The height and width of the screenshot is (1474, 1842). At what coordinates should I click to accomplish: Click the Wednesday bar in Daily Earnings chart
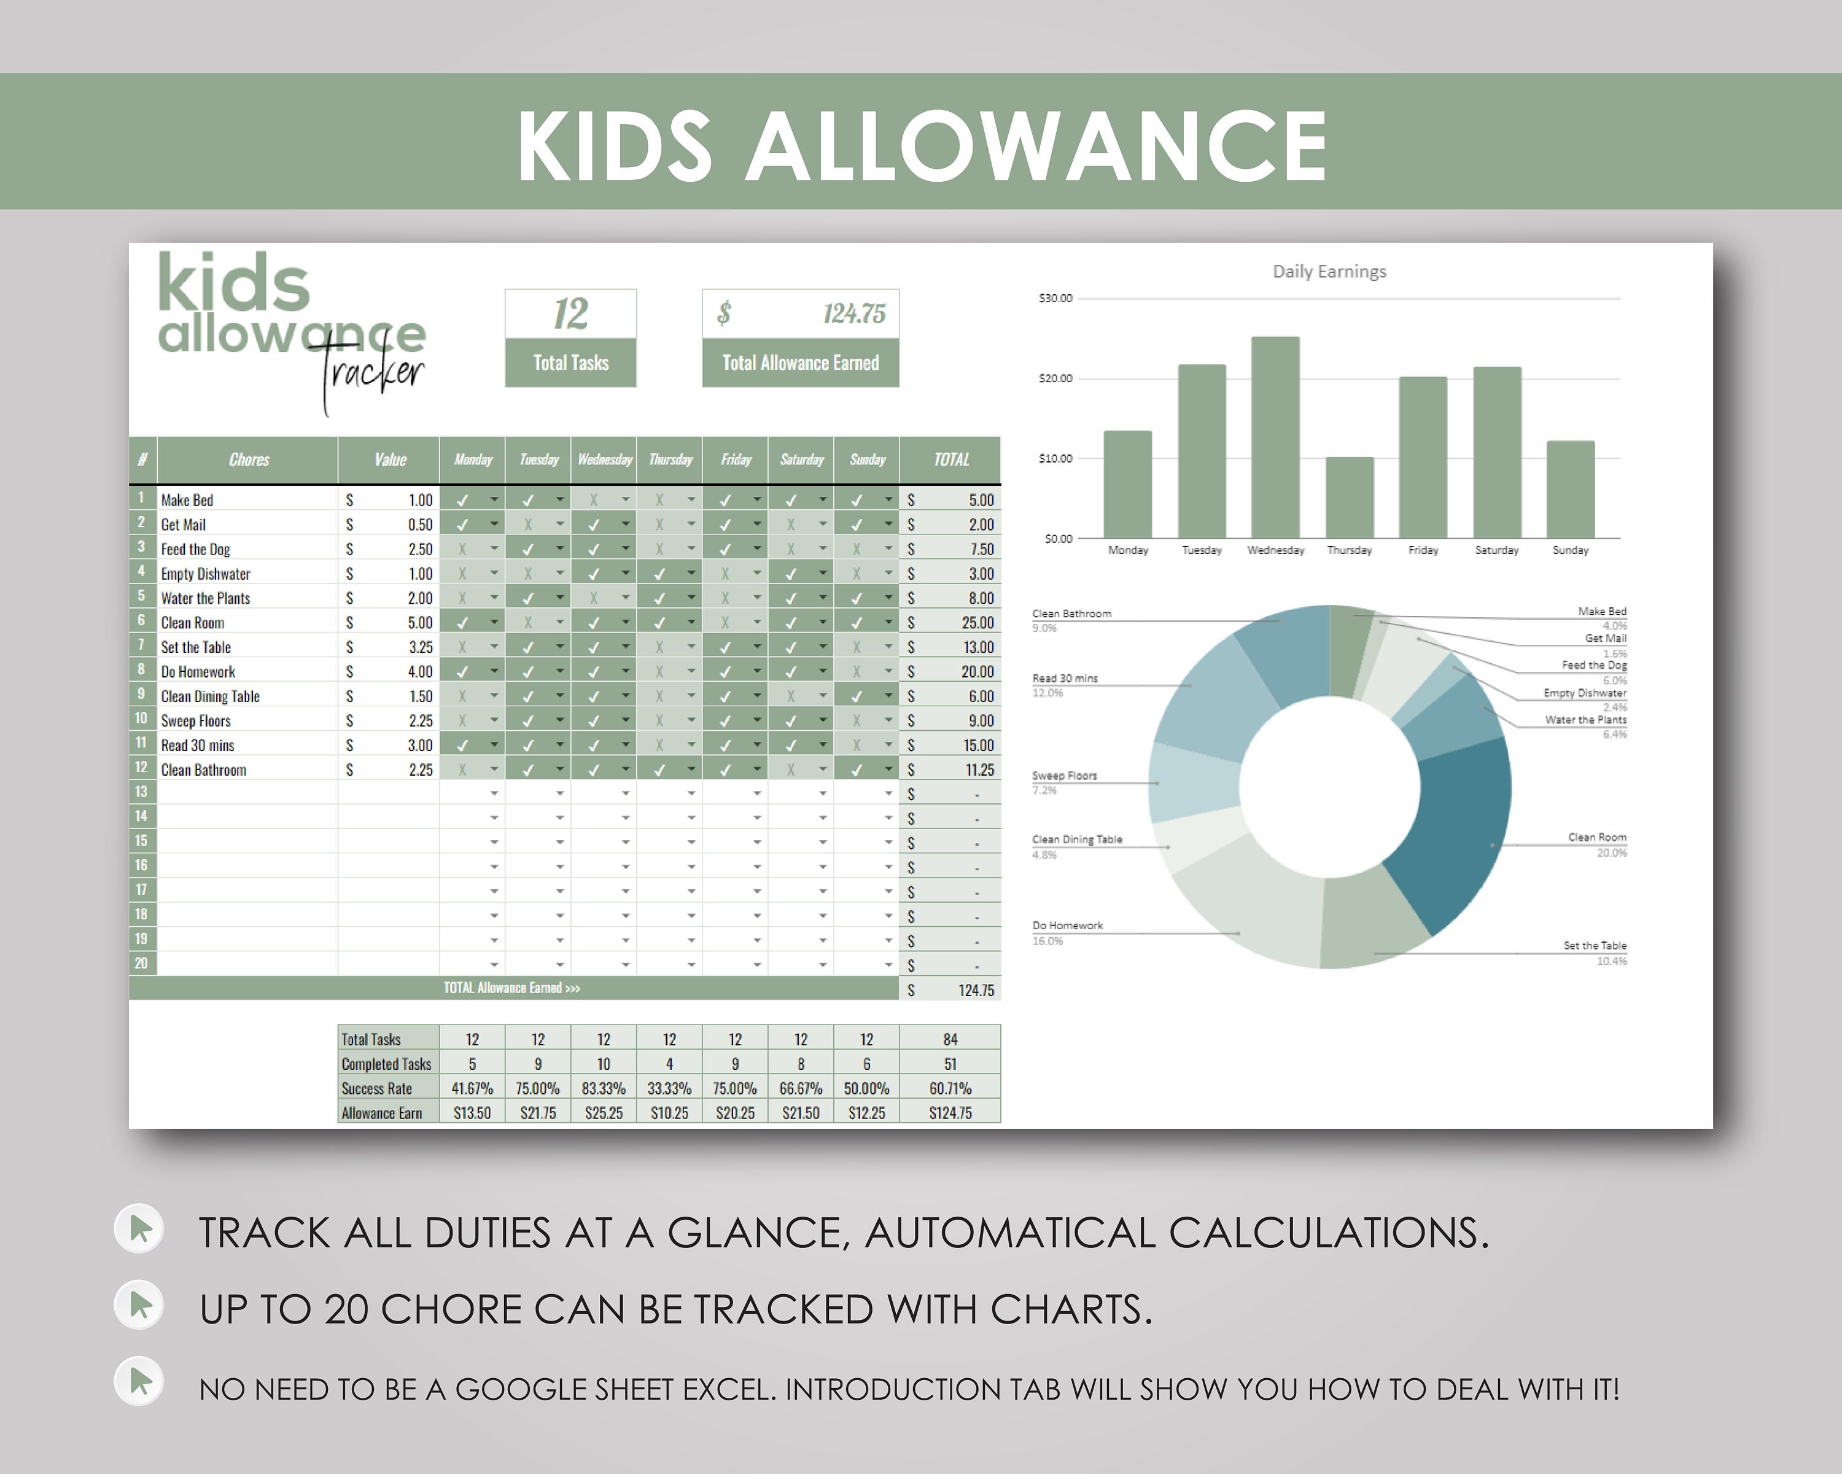pos(1275,437)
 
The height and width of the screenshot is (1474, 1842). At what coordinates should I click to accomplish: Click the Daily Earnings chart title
pos(1329,271)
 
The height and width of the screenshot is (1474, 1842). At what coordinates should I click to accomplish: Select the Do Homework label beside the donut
pos(1067,926)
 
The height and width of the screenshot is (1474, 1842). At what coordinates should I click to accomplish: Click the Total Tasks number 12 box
pos(570,314)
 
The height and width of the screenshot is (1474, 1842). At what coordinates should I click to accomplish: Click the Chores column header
pos(249,460)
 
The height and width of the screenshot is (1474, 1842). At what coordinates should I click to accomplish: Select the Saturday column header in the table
pos(801,460)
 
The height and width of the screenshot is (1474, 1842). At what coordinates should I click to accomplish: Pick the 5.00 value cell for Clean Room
pos(419,623)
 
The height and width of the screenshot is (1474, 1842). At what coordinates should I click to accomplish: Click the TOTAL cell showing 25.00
pos(976,623)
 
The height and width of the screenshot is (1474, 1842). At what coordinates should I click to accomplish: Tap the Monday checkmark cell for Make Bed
pos(463,500)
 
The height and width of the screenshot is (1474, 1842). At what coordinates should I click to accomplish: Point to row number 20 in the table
pos(141,964)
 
